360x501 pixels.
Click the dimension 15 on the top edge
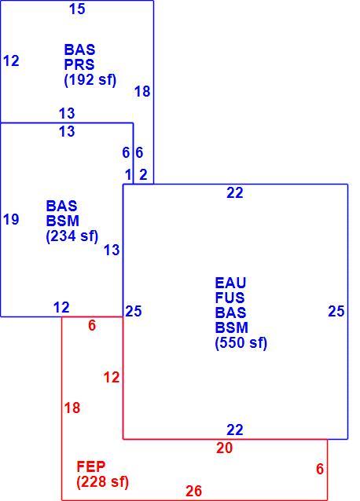point(77,9)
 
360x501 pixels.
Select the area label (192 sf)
point(90,80)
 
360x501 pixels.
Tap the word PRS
point(79,64)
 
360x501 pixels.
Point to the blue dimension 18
point(142,92)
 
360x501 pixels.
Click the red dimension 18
point(72,408)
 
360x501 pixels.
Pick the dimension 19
point(11,220)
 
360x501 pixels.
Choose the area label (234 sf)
point(72,236)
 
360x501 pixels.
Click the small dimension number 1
point(128,175)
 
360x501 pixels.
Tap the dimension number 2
point(143,175)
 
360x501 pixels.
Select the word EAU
point(230,283)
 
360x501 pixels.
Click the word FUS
point(230,298)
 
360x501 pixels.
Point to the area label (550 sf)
point(241,343)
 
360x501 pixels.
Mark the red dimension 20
point(225,448)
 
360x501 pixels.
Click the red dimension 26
point(193,491)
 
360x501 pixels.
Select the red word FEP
point(91,466)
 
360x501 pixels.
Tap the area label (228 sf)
point(103,482)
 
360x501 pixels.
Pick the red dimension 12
point(112,378)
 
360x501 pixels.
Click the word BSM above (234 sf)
point(63,221)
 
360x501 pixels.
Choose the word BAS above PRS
point(79,49)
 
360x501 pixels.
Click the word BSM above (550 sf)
point(231,327)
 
